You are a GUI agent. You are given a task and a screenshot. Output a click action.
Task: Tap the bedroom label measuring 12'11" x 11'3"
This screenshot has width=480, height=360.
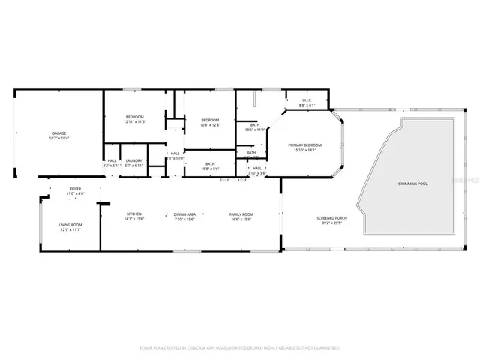point(135,117)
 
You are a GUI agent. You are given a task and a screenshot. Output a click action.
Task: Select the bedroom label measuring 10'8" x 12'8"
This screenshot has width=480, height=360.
point(210,120)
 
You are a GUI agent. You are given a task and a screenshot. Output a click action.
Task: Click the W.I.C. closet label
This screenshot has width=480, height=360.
point(307,100)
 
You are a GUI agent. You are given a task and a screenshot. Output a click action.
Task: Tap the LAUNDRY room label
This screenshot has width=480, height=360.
point(134,160)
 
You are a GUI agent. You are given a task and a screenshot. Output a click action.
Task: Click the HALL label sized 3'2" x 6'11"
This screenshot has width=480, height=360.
point(112,160)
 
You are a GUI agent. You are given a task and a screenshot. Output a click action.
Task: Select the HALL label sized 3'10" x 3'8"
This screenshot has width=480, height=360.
point(256,169)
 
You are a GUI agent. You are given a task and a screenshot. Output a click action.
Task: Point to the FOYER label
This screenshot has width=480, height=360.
point(76,189)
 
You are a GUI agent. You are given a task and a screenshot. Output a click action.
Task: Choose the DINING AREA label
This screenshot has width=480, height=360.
point(184,214)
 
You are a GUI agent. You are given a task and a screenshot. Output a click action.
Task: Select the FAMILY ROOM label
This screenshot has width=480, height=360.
point(241,214)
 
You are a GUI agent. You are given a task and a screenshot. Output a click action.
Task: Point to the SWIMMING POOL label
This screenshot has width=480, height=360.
point(412,183)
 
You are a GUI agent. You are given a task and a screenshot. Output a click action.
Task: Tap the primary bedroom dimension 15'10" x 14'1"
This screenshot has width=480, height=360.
point(305,150)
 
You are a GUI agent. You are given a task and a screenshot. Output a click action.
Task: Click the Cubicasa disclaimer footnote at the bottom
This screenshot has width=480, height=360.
point(240,347)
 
